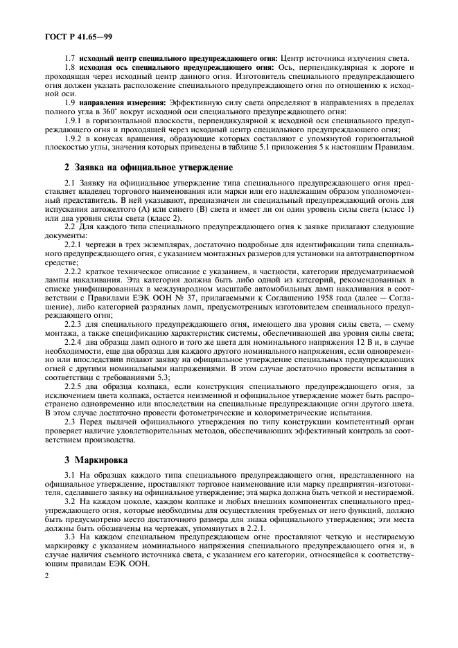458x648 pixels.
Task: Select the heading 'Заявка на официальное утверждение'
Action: tap(149, 168)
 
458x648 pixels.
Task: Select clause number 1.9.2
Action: tap(75, 138)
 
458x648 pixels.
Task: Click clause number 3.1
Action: tap(69, 474)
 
